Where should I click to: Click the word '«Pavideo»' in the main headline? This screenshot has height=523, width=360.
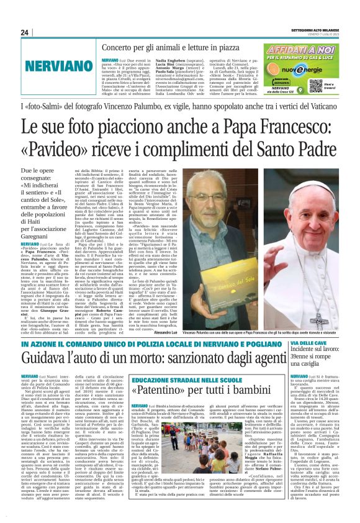click(73, 150)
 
